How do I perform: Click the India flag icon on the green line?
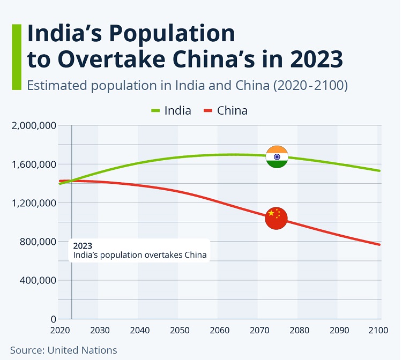point(277,156)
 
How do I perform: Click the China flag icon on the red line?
point(276,218)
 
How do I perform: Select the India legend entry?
point(170,111)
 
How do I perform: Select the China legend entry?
point(225,111)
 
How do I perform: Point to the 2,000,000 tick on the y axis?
point(33,125)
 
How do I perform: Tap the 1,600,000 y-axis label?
point(33,164)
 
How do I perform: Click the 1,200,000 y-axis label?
point(33,203)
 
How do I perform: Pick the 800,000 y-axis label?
point(38,242)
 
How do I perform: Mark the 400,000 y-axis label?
point(38,280)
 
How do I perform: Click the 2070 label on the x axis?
point(258,330)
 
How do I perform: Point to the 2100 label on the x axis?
point(377,330)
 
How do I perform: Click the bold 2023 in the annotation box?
point(83,246)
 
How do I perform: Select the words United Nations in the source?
point(82,350)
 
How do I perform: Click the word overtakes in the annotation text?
point(163,255)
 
